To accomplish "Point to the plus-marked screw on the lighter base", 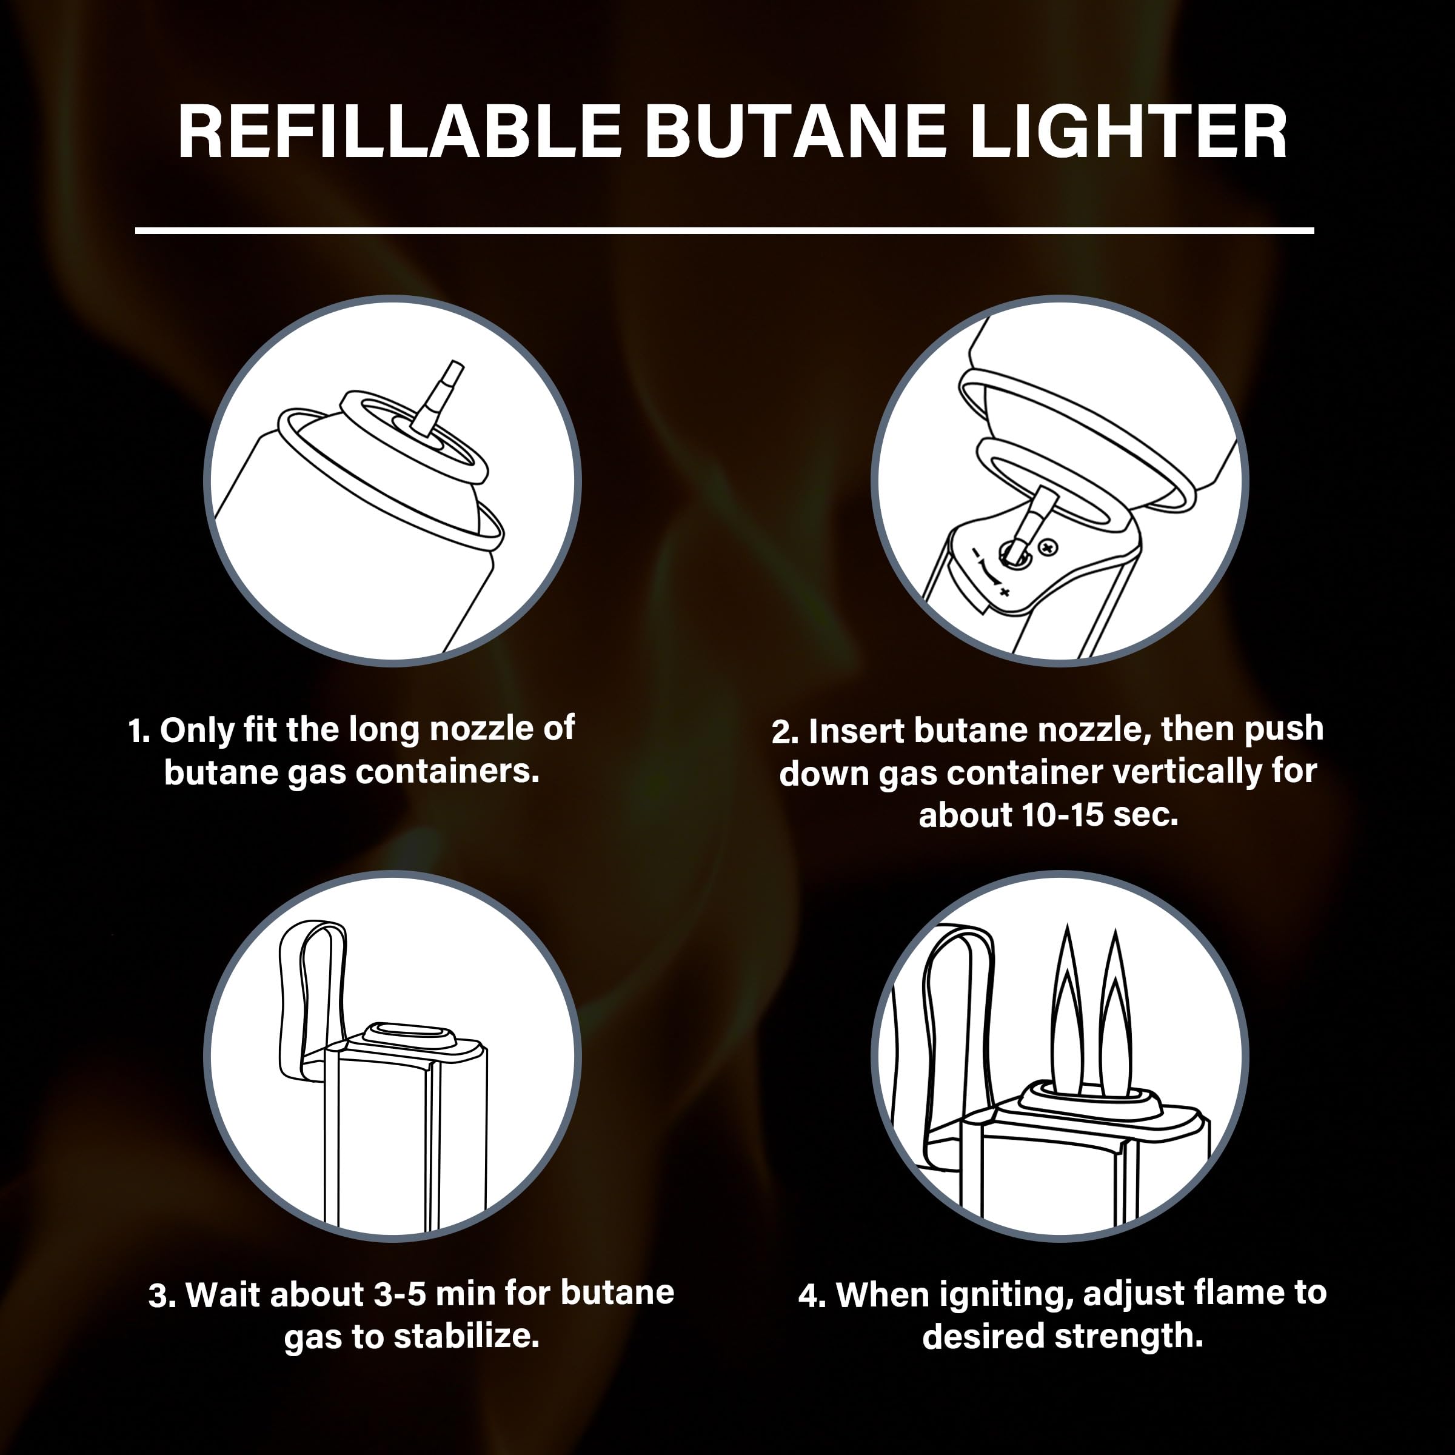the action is pos(1048,546).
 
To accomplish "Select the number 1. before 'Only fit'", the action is pos(139,731).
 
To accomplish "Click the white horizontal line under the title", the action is pos(724,230).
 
